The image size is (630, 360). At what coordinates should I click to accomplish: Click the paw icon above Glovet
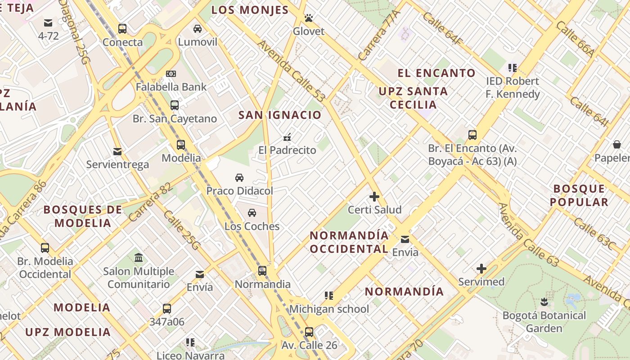coord(309,18)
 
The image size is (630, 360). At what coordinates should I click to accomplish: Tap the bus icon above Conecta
coord(122,29)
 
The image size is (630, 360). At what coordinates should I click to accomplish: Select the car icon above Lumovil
coord(198,29)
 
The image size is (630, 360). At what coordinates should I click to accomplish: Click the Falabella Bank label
coord(171,87)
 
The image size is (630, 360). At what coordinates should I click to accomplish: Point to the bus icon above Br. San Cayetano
coord(175,105)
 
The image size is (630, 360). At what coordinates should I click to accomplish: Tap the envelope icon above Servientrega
coord(117,151)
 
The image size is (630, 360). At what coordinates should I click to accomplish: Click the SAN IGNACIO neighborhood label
coord(280,115)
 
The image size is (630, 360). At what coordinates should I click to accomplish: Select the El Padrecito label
coord(287,150)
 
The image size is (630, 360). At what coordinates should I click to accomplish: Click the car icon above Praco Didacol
coord(239,178)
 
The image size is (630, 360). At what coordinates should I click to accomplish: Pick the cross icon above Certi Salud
coord(374,197)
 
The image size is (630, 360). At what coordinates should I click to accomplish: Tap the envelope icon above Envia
coord(405,239)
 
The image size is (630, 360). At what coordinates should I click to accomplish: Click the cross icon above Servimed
coord(481,269)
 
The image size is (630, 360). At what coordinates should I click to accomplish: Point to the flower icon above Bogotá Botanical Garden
coord(544,302)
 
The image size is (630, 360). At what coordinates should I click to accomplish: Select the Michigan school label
coord(329,309)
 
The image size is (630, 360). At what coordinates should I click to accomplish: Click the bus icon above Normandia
coord(262,271)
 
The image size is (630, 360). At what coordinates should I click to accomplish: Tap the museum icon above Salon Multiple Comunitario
coord(139,258)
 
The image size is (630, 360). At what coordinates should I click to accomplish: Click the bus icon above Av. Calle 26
coord(309,332)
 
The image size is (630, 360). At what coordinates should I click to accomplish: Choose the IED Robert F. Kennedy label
coord(513,87)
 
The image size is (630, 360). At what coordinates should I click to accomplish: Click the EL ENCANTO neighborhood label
coord(436,73)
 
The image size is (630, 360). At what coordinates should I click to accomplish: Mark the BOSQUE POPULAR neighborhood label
coord(579,195)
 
